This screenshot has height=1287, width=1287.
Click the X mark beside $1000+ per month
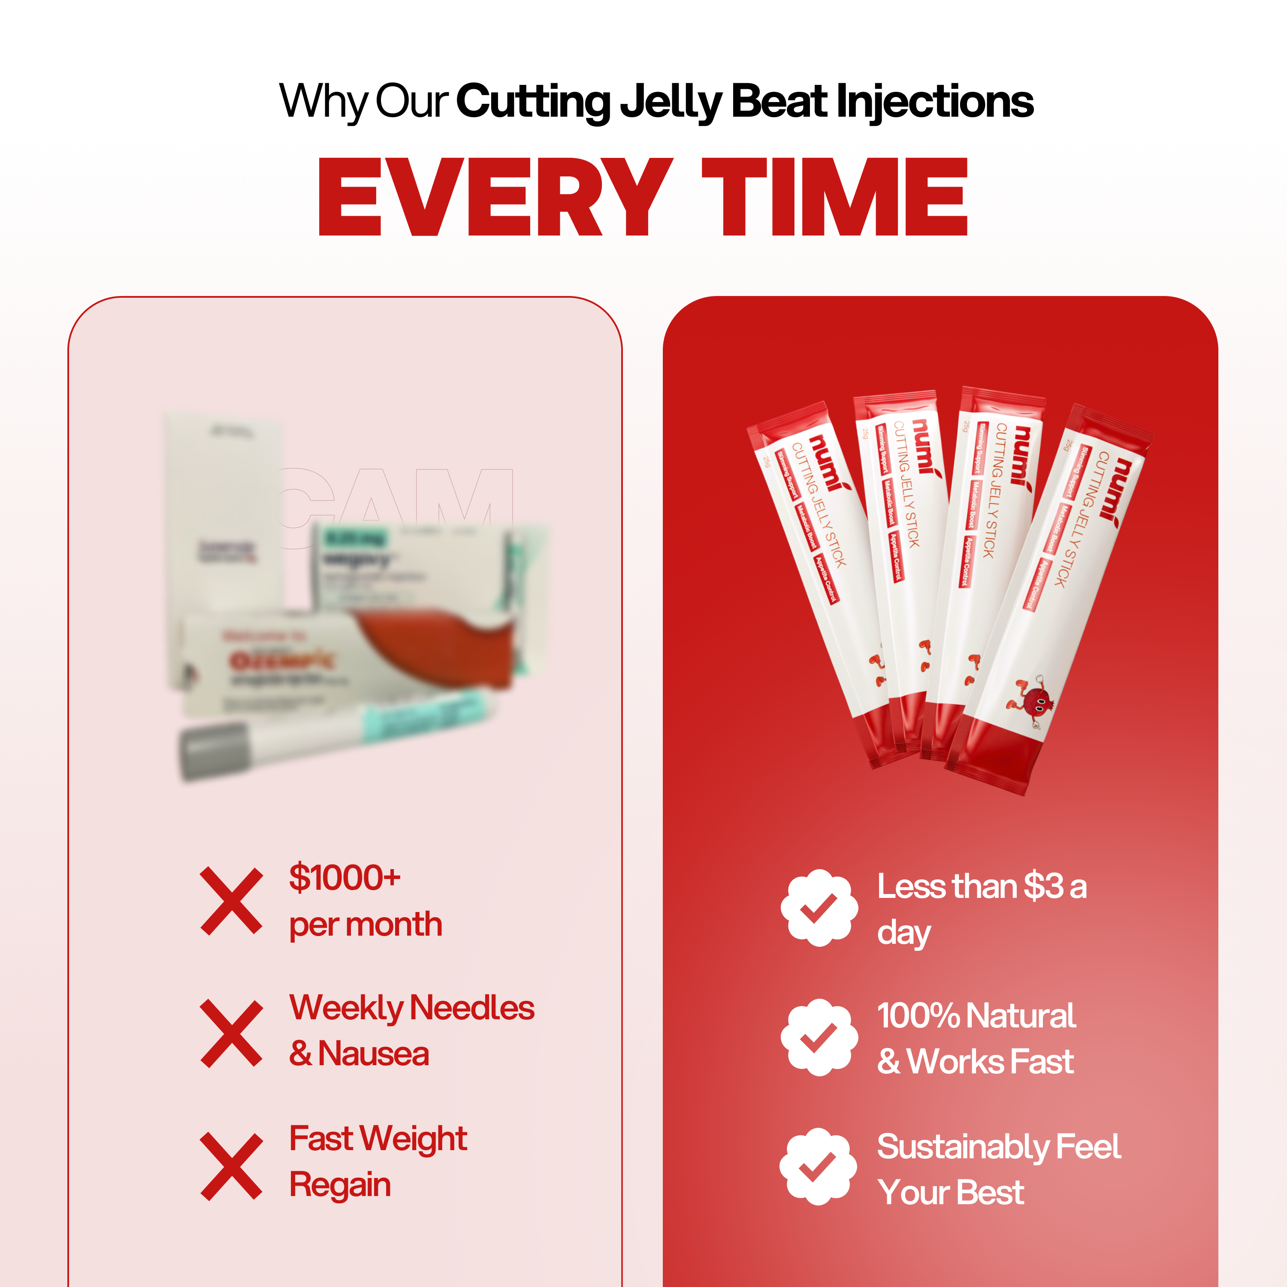(x=231, y=900)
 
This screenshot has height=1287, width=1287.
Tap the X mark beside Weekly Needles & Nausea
(x=231, y=1033)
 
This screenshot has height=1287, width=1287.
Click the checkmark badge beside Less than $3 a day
(x=819, y=907)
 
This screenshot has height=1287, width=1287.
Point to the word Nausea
(x=373, y=1054)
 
